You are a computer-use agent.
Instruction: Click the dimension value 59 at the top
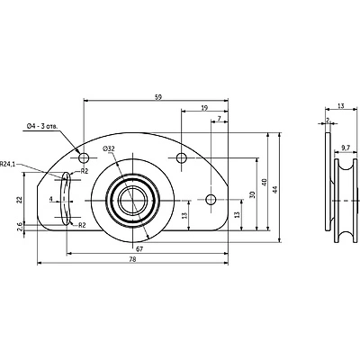point(158,97)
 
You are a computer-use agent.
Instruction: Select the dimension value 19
point(204,108)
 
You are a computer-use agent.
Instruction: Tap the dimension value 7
point(220,119)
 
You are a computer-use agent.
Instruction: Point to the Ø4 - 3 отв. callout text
point(42,127)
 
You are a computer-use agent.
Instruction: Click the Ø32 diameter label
point(108,148)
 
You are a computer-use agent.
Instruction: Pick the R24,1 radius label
point(7,164)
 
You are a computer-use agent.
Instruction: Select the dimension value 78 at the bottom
point(132,259)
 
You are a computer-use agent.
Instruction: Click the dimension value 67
point(139,248)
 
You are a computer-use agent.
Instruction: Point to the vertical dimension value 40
point(265,182)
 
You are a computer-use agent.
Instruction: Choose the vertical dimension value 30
point(252,194)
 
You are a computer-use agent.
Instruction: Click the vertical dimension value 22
point(19,199)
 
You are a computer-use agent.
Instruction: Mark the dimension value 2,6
point(20,227)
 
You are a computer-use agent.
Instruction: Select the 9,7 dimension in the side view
point(346,148)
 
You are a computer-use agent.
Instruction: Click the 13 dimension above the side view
point(341,105)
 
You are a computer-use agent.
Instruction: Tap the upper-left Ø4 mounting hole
point(84,157)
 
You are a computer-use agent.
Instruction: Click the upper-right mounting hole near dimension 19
point(181,157)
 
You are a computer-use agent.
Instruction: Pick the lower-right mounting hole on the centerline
point(211,199)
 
